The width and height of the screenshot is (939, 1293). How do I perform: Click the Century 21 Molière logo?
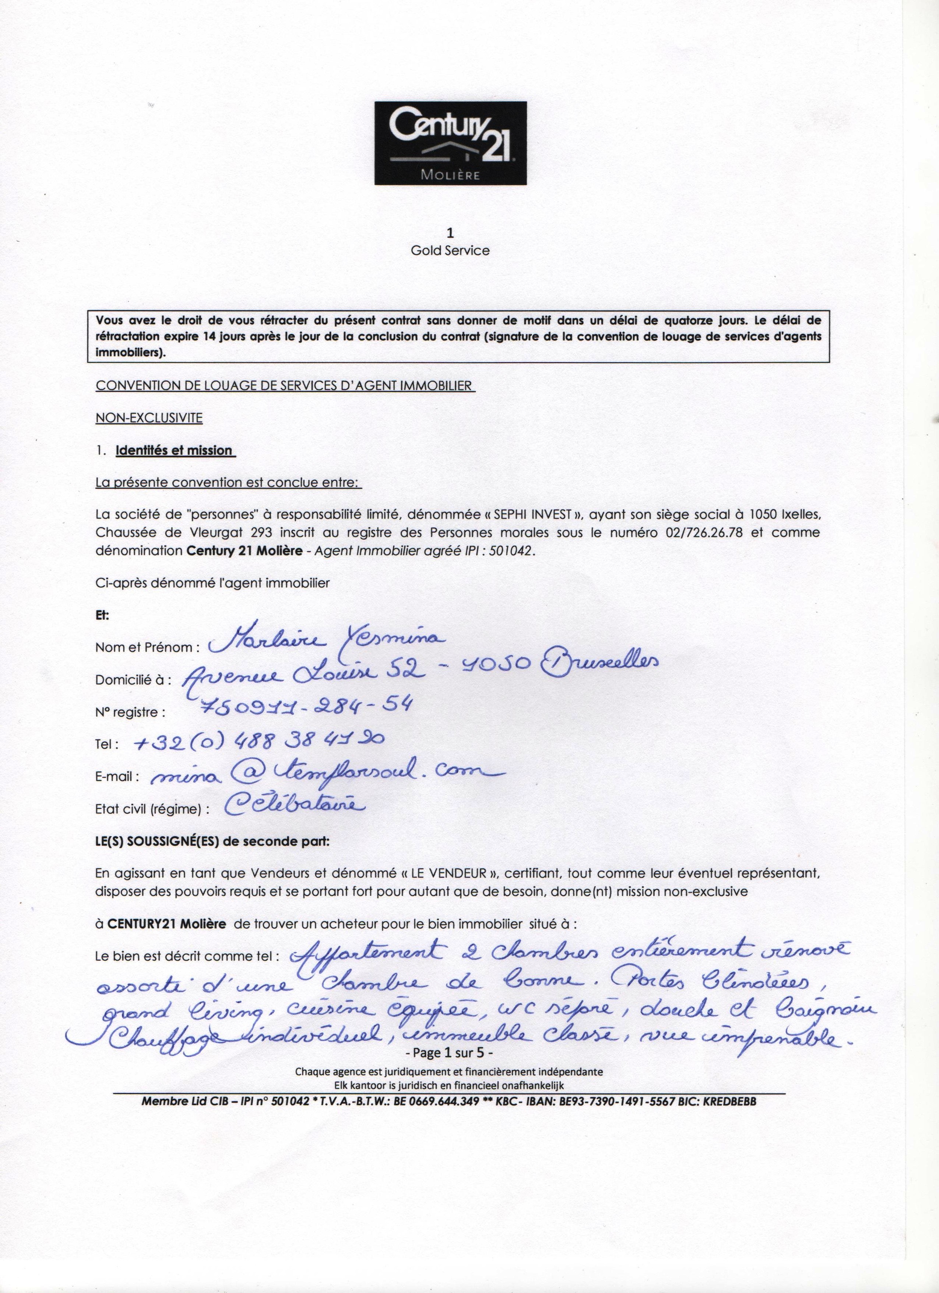pyautogui.click(x=450, y=143)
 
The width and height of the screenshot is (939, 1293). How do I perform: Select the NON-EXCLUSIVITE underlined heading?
pyautogui.click(x=149, y=418)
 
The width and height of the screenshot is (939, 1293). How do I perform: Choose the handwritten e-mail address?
pyautogui.click(x=319, y=773)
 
